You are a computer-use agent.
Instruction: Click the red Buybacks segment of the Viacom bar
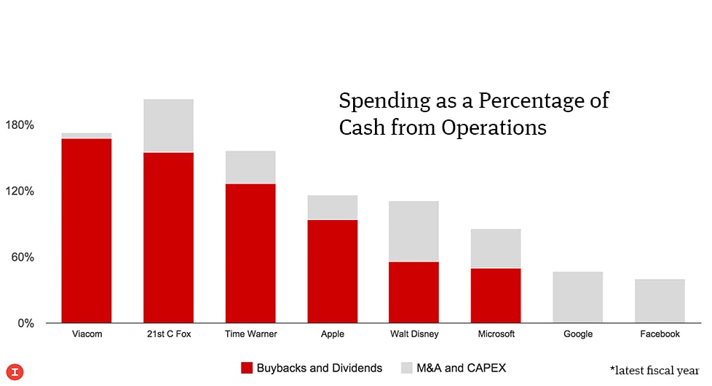pyautogui.click(x=87, y=230)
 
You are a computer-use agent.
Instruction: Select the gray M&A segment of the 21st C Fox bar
pyautogui.click(x=168, y=125)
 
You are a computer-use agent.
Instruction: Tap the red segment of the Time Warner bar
pyautogui.click(x=250, y=253)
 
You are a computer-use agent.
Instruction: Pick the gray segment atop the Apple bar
pyautogui.click(x=332, y=207)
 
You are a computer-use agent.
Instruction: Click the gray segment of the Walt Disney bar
pyautogui.click(x=414, y=231)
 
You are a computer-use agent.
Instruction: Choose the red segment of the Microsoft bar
pyautogui.click(x=496, y=295)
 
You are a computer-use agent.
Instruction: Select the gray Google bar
pyautogui.click(x=577, y=297)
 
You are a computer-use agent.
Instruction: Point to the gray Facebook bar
pyautogui.click(x=660, y=301)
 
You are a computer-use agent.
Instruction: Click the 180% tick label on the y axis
pyautogui.click(x=20, y=125)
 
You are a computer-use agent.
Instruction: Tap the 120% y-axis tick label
pyautogui.click(x=20, y=192)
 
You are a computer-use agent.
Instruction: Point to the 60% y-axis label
pyautogui.click(x=23, y=257)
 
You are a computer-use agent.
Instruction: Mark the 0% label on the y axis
pyautogui.click(x=25, y=323)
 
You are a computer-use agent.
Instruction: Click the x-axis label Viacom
pyautogui.click(x=87, y=334)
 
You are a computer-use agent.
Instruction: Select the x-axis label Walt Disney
pyautogui.click(x=414, y=334)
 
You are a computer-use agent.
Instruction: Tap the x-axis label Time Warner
pyautogui.click(x=250, y=334)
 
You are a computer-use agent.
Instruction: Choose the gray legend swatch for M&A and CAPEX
pyautogui.click(x=407, y=368)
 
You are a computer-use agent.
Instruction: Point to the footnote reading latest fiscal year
pyautogui.click(x=654, y=370)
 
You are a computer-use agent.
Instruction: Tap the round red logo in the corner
pyautogui.click(x=14, y=371)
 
